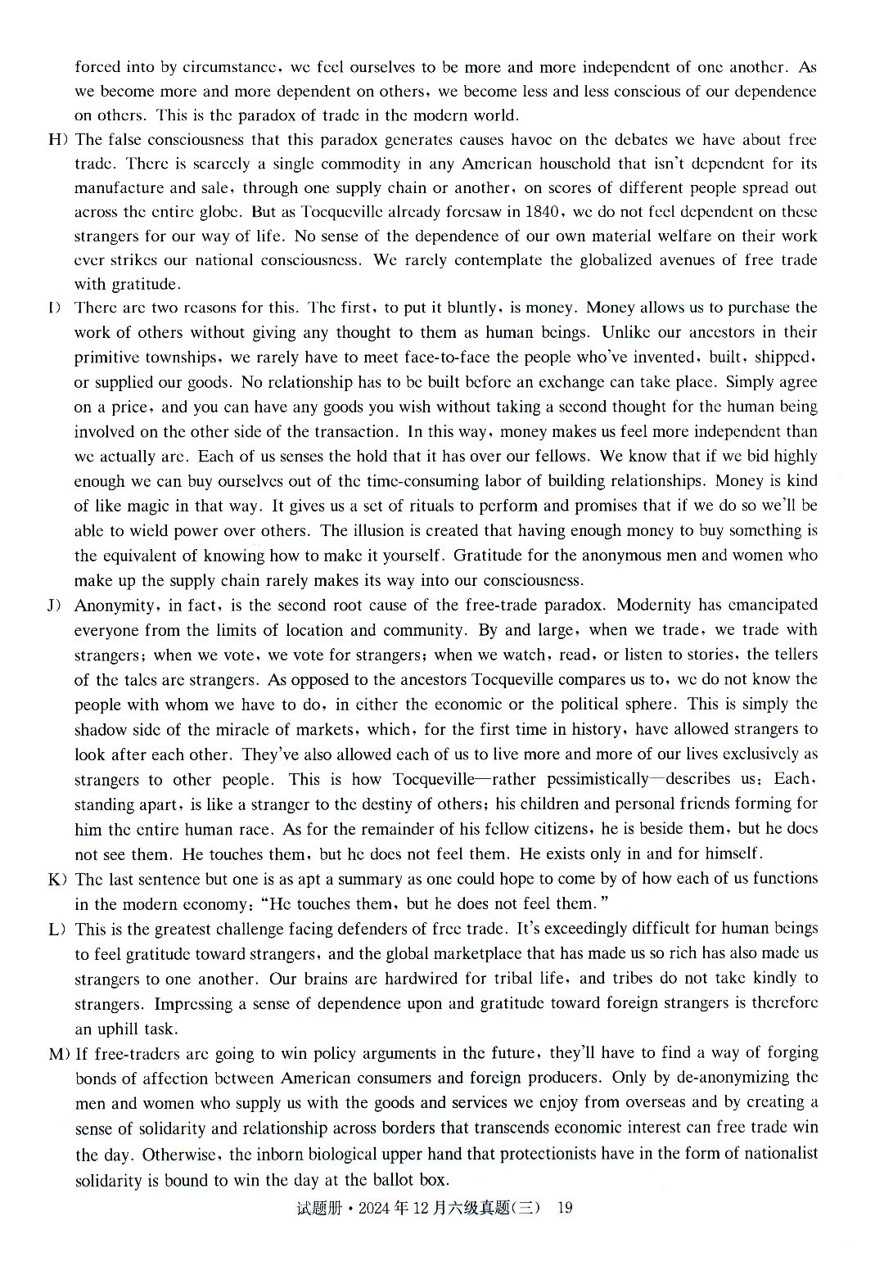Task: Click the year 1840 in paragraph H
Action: click(x=539, y=212)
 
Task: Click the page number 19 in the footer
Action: click(x=564, y=1208)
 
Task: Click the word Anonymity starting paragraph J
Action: click(x=115, y=606)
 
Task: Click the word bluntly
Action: click(x=473, y=308)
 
